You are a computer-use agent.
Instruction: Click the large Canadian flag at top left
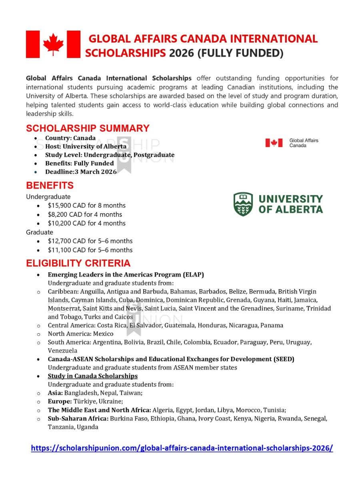pos(53,44)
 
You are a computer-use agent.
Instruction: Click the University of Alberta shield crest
pos(243,204)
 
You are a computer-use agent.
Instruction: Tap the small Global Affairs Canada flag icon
pos(274,143)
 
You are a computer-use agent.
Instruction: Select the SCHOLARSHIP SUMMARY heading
pos(88,128)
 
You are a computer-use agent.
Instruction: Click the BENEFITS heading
pos(50,186)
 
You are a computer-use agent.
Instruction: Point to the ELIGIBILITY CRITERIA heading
pos(78,263)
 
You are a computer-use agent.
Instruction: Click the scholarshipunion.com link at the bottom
pos(182,448)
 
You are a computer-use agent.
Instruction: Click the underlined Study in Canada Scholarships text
pos(92,376)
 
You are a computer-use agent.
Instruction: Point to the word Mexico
pos(103,334)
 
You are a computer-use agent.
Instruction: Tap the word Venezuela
pos(62,350)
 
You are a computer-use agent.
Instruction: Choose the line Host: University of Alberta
pos(86,146)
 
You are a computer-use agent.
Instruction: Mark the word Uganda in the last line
pos(87,427)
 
